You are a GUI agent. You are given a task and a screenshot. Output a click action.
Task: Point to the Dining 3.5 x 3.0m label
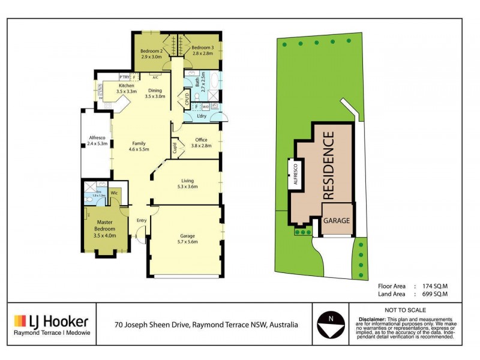point(155,93)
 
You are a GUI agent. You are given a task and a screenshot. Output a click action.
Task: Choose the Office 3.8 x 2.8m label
point(201,143)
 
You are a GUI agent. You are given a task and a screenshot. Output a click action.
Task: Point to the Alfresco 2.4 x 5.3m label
point(97,141)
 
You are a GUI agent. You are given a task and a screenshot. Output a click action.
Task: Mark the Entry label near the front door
point(141,220)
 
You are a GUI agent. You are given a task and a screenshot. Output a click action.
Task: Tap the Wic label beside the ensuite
point(113,193)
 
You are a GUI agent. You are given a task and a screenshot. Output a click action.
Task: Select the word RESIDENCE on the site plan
point(329,166)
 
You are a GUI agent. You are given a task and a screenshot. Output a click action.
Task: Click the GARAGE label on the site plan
point(337,221)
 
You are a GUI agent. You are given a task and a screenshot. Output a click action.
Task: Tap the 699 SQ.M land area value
point(433,295)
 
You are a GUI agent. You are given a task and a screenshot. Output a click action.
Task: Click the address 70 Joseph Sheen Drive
point(153,325)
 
